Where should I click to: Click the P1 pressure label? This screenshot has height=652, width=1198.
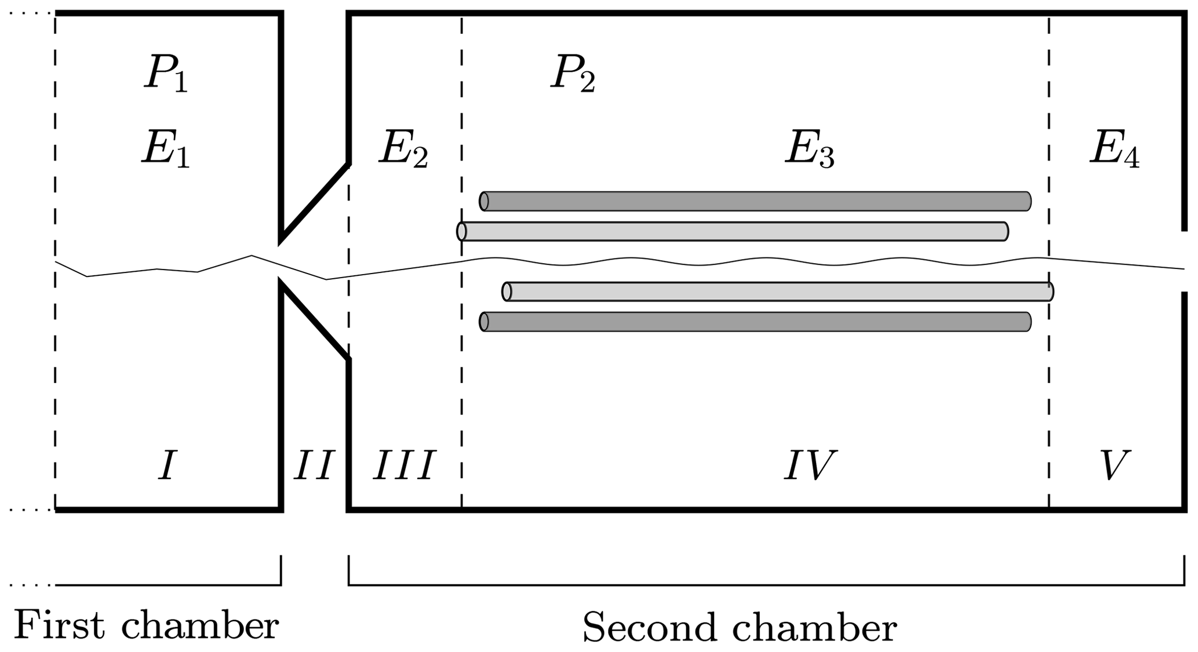166,75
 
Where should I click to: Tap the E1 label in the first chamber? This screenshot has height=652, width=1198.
166,150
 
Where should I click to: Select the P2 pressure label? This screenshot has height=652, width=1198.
573,75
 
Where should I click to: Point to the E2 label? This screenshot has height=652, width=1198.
403,150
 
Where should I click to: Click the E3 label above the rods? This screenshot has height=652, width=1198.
810,150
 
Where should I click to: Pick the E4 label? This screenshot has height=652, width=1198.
1114,150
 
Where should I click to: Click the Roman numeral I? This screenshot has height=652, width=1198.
167,466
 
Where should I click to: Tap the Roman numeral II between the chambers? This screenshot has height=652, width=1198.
314,466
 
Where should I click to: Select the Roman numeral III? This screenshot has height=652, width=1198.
404,466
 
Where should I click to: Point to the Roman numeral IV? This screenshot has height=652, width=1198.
810,466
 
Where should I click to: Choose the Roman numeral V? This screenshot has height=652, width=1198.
1114,466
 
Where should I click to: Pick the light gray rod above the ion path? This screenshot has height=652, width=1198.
733,231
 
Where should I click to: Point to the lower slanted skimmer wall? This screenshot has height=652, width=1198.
315,320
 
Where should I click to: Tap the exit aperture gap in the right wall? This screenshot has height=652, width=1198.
1184,261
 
